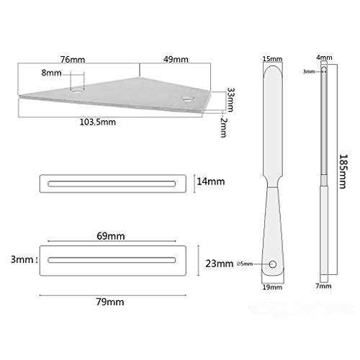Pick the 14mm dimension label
(211, 183)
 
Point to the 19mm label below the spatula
(271, 287)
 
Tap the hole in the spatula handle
(272, 264)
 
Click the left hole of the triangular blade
(76, 90)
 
